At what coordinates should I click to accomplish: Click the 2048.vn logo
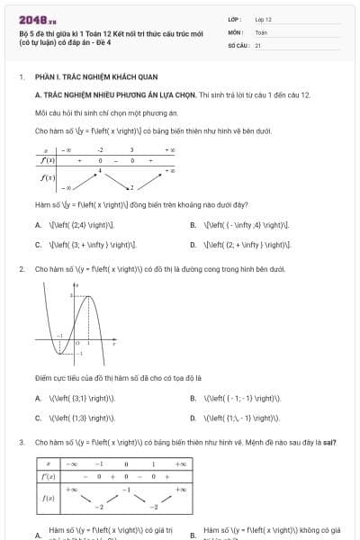pyautogui.click(x=37, y=19)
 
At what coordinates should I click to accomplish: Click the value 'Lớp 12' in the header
pyautogui.click(x=263, y=19)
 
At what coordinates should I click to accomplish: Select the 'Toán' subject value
pyautogui.click(x=261, y=31)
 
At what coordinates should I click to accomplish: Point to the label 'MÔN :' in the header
pyautogui.click(x=237, y=31)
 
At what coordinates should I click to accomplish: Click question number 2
pyautogui.click(x=22, y=269)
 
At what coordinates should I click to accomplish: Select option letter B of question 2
pyautogui.click(x=193, y=399)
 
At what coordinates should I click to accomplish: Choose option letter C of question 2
pyautogui.click(x=38, y=418)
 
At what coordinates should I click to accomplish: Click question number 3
pyautogui.click(x=22, y=443)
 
